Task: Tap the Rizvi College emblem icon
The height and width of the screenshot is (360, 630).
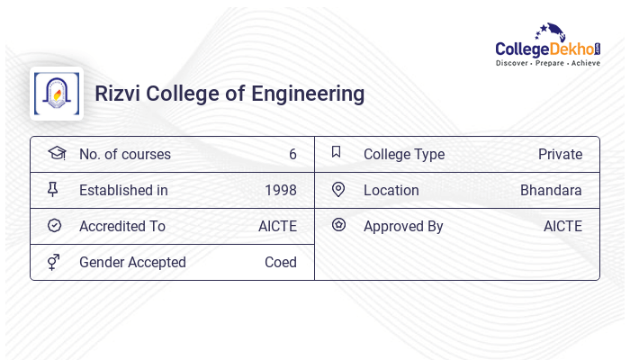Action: coord(56,94)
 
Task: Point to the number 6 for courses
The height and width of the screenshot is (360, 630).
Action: coord(292,154)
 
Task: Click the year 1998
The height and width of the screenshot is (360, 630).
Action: coord(280,190)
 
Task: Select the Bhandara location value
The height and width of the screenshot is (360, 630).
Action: coord(551,190)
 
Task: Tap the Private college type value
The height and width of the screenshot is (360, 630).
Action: coord(560,154)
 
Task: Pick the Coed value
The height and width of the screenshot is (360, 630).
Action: coord(280,262)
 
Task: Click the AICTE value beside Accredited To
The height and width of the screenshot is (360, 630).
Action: coord(277,226)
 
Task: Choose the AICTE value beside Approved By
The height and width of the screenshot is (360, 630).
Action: coord(562,226)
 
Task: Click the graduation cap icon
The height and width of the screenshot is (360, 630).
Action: coord(56,153)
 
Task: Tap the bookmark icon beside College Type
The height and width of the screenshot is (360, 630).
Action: coord(337,152)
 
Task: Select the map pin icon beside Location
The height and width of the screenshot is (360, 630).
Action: coord(338,189)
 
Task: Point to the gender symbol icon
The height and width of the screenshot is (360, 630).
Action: coord(54,262)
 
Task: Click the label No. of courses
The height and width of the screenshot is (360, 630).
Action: coord(124,154)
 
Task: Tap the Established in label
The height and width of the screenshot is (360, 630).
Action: coord(123,190)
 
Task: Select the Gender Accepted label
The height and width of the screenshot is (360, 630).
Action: coord(132,262)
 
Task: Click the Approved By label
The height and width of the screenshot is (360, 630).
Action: coord(403,226)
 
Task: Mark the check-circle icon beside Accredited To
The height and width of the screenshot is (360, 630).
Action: coord(55,226)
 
